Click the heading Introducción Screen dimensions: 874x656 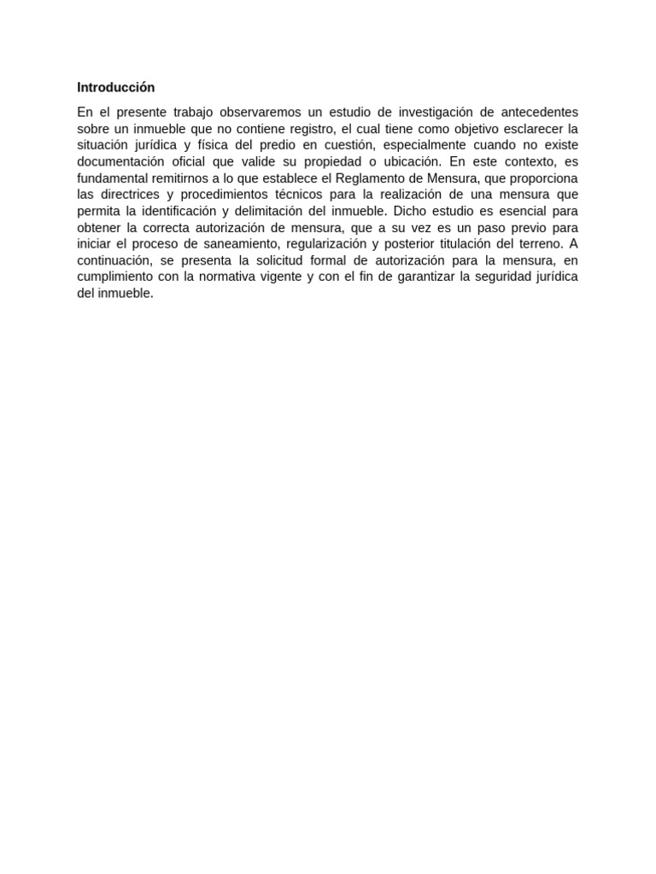(116, 87)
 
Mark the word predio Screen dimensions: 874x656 (270, 145)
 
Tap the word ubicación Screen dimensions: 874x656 (406, 161)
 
